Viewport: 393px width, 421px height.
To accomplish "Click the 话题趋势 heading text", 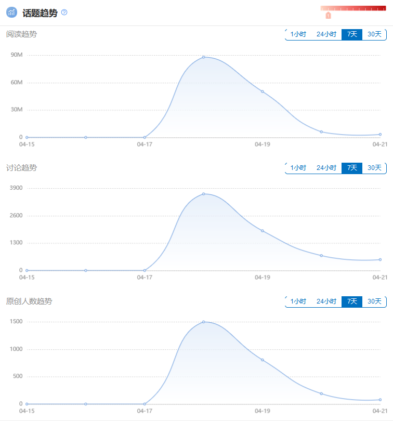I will click(40, 13).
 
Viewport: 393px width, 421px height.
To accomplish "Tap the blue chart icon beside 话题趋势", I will click(12, 12).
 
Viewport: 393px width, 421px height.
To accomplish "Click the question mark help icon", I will click(64, 12).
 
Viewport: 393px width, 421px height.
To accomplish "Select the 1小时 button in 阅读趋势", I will click(298, 34).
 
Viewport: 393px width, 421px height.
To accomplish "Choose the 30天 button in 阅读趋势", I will click(374, 34).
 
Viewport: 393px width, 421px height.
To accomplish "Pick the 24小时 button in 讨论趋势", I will click(326, 168).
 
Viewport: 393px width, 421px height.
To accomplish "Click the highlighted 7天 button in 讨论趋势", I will click(352, 168).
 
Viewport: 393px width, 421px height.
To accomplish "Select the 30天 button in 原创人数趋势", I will click(374, 301).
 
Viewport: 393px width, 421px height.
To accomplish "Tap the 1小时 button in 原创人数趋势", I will click(298, 301).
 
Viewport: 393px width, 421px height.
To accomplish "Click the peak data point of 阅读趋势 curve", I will click(204, 57).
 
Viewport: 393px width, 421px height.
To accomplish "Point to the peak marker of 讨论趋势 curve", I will click(204, 194).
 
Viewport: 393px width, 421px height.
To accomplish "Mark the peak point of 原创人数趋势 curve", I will click(204, 322).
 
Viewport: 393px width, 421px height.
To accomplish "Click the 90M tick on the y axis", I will click(17, 55).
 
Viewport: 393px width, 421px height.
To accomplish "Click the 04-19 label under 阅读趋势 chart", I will click(263, 146).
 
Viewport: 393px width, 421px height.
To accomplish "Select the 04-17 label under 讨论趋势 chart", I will click(145, 278).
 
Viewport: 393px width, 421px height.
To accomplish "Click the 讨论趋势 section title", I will click(21, 168).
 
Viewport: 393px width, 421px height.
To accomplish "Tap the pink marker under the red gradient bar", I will click(328, 16).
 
